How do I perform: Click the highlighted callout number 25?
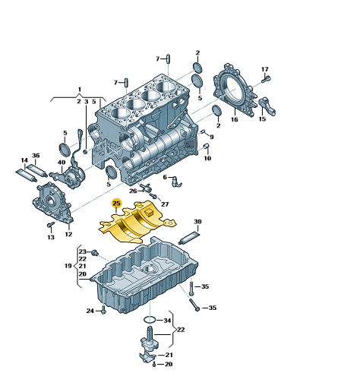click(116, 203)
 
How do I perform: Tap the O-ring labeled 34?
click(150, 320)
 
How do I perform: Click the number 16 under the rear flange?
click(235, 119)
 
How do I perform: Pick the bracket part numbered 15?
click(267, 106)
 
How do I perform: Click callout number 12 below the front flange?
click(68, 234)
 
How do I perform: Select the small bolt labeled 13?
click(51, 224)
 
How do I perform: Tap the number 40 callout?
click(62, 162)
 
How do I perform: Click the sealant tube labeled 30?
click(189, 239)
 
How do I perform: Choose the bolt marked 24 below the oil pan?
click(103, 310)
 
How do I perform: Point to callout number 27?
click(165, 204)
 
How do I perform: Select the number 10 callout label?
click(207, 158)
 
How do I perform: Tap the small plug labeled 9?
click(203, 131)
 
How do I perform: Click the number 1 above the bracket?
click(80, 90)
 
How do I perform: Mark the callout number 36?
click(36, 156)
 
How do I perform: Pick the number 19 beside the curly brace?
click(68, 266)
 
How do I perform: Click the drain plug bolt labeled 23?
click(95, 252)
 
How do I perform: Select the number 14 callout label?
click(24, 160)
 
